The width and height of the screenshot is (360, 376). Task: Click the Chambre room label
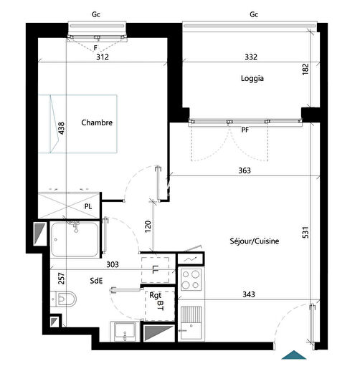coord(97,122)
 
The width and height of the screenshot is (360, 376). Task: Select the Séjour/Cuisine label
coord(255,241)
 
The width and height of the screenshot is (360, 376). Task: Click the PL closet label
coord(87,206)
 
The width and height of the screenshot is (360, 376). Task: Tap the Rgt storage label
coord(155,294)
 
